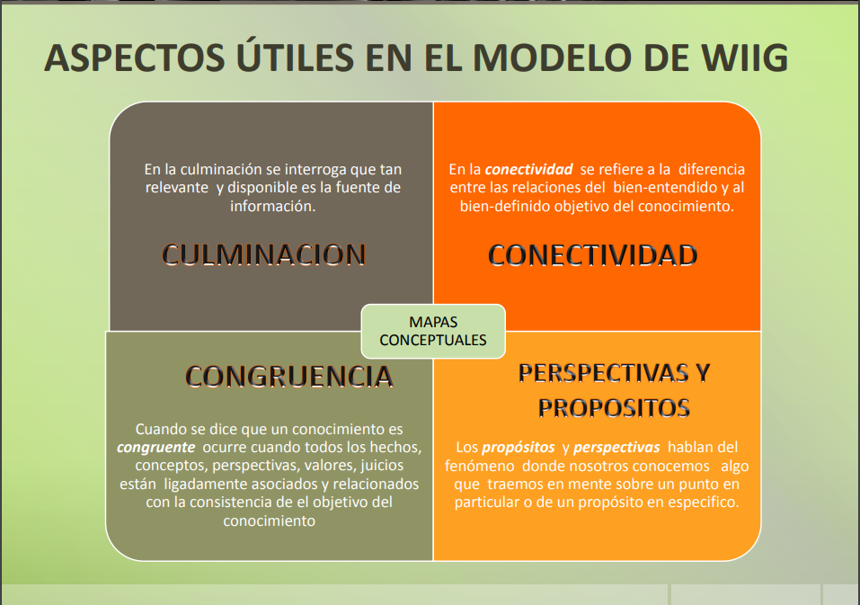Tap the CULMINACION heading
(x=264, y=254)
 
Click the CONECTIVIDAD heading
(x=593, y=255)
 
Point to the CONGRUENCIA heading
(x=289, y=377)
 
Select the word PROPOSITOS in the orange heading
(x=614, y=408)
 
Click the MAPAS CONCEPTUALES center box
(x=433, y=332)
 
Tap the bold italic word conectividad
(x=528, y=169)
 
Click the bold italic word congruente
(x=155, y=448)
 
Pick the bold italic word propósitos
(x=519, y=448)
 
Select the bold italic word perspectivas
(x=616, y=448)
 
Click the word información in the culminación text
(x=272, y=206)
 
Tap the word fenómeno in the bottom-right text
(x=479, y=467)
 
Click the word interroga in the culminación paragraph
(x=315, y=170)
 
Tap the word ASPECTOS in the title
(x=135, y=58)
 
